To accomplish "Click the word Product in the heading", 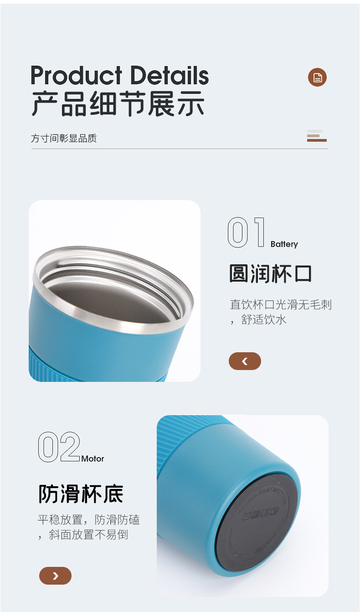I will (x=76, y=76).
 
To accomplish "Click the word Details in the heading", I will (x=169, y=75).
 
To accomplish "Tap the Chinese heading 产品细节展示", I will (x=118, y=104).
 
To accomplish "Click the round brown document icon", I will (x=317, y=77).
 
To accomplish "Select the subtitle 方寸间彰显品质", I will (x=64, y=138).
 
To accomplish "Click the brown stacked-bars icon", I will (x=316, y=136).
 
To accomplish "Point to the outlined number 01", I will (x=246, y=232).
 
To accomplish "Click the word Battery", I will (x=284, y=244).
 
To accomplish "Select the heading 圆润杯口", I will (x=270, y=274).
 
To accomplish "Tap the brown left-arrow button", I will (x=245, y=361).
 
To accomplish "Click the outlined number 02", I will (x=59, y=447).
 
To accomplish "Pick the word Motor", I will (x=93, y=459).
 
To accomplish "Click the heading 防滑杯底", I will (x=81, y=494).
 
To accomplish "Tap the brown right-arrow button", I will (x=55, y=576).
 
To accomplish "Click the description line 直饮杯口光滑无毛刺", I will (x=281, y=304).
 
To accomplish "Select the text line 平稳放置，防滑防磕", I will (x=88, y=519).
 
